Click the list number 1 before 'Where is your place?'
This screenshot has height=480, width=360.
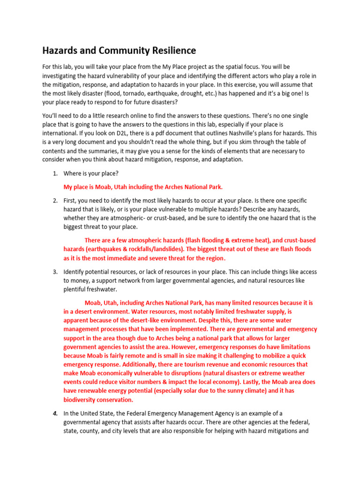click(55, 173)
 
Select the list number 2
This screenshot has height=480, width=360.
click(55, 200)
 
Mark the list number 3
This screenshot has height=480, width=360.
click(55, 271)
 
